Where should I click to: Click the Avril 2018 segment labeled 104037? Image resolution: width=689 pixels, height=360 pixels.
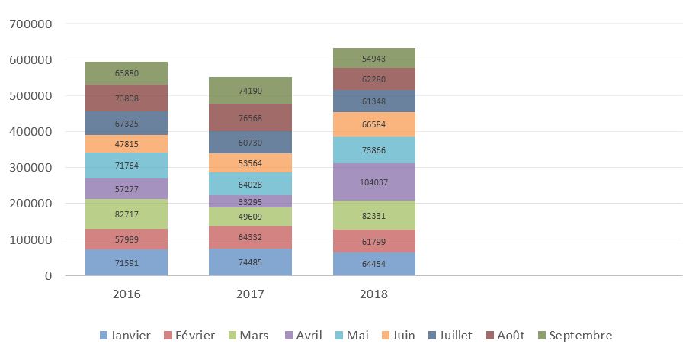click(373, 182)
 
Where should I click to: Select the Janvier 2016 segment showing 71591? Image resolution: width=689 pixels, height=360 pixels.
click(127, 262)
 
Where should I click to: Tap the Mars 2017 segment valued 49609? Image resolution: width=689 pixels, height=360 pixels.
click(250, 217)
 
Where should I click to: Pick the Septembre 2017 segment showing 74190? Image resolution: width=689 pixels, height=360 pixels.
click(250, 90)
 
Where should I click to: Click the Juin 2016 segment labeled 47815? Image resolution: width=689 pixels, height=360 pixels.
click(127, 143)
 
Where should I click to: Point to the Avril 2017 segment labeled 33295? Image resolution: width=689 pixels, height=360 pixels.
click(250, 201)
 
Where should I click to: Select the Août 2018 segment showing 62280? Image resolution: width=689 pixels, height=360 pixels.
click(373, 79)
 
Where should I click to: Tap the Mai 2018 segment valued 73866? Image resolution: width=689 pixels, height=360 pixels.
click(373, 150)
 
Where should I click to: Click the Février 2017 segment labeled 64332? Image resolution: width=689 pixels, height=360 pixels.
click(250, 237)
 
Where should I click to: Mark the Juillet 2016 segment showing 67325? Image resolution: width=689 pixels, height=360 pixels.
click(127, 124)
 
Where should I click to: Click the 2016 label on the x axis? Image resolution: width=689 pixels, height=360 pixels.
click(127, 294)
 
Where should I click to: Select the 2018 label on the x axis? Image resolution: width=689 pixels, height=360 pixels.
click(373, 294)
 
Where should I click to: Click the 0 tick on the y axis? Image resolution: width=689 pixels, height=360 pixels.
click(47, 276)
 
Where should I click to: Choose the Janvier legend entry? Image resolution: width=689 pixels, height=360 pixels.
click(125, 336)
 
